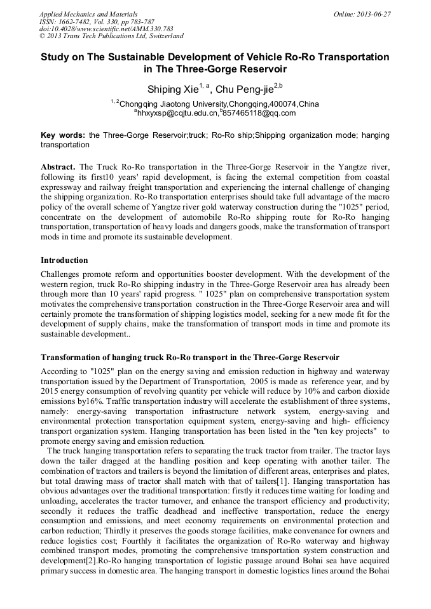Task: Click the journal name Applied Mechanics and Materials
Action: pyautogui.click(x=88, y=14)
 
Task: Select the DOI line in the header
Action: pyautogui.click(x=106, y=29)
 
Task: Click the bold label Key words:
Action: pyautogui.click(x=63, y=135)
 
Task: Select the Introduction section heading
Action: pyautogui.click(x=64, y=260)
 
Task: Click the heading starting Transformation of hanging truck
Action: pyautogui.click(x=189, y=357)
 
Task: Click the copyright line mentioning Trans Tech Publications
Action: pyautogui.click(x=111, y=37)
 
